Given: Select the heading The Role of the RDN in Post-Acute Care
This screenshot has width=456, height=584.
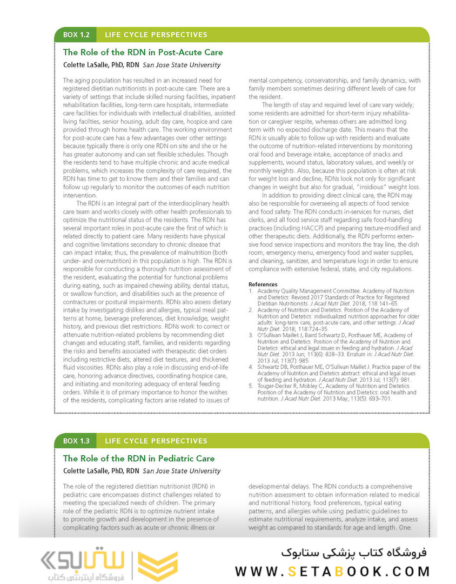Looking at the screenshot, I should [143, 52].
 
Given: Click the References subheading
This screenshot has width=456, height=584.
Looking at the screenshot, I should [263, 284].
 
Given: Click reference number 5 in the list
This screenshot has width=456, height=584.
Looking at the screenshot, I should [251, 387].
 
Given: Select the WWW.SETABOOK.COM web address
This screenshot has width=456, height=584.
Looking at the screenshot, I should [332, 571].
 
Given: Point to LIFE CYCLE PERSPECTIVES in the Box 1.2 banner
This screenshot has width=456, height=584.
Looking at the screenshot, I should [156, 35].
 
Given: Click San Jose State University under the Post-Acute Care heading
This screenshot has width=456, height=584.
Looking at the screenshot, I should [182, 65].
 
